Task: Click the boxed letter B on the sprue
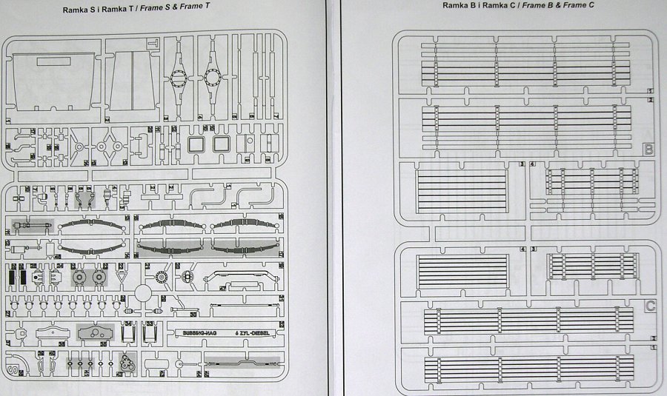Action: pos(649,150)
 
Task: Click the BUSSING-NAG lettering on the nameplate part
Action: pos(189,332)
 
